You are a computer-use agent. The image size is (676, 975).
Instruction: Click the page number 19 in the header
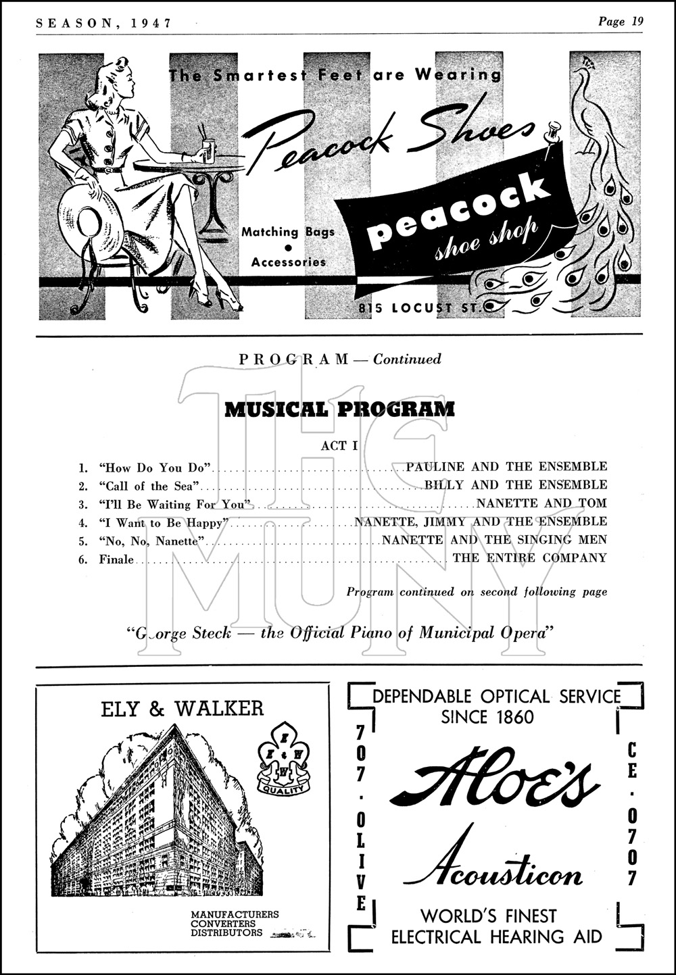point(636,21)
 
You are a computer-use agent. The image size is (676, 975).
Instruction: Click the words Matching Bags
point(288,232)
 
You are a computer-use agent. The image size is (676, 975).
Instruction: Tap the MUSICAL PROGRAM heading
point(339,409)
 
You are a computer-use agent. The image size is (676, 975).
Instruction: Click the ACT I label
point(339,446)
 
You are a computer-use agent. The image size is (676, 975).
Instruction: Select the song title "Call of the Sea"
point(149,486)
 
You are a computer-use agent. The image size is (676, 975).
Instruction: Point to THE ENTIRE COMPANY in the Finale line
point(529,558)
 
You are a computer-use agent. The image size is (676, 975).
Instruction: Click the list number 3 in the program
point(83,504)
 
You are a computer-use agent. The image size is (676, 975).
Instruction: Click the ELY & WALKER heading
point(182,708)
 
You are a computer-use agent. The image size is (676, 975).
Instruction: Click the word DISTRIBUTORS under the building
point(226,933)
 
